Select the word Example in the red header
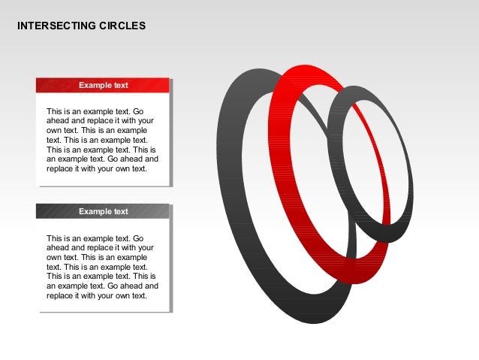[x=95, y=86]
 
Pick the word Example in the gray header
[x=95, y=212]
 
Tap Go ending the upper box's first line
[x=148, y=111]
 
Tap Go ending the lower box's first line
[x=148, y=238]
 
